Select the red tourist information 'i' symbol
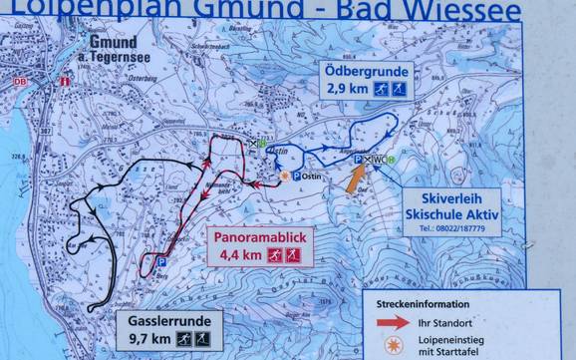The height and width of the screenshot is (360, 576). (63, 82)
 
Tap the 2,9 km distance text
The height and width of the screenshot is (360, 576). (345, 91)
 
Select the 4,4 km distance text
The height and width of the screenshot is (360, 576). (235, 255)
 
